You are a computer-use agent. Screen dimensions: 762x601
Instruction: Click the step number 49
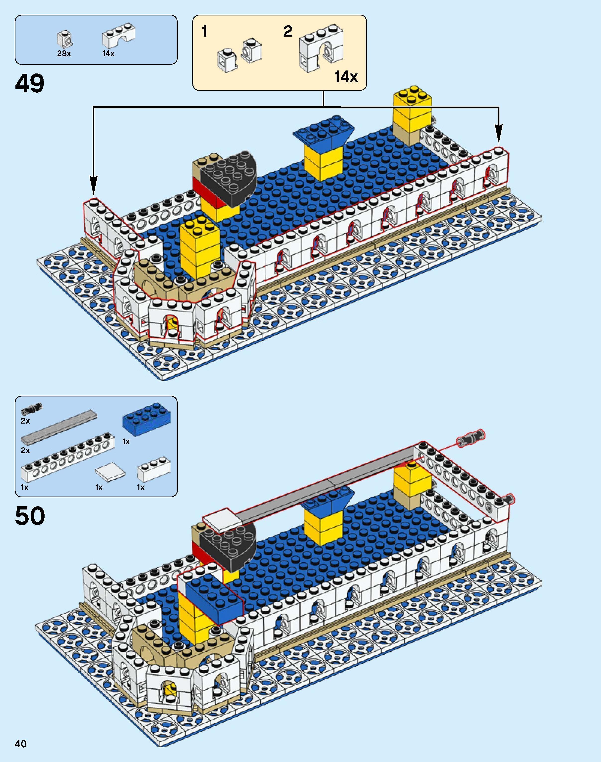pyautogui.click(x=30, y=84)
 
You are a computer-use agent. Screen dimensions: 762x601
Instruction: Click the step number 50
pyautogui.click(x=30, y=516)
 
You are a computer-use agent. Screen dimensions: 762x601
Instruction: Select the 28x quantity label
pyautogui.click(x=64, y=54)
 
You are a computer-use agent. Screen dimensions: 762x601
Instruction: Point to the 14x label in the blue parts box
pyautogui.click(x=108, y=54)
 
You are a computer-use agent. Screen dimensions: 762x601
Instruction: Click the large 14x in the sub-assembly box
pyautogui.click(x=346, y=77)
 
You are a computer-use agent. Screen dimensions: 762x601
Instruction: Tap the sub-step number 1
pyautogui.click(x=204, y=32)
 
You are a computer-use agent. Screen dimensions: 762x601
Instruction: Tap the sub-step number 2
pyautogui.click(x=288, y=32)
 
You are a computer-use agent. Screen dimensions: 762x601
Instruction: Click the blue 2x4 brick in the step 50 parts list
pyautogui.click(x=147, y=419)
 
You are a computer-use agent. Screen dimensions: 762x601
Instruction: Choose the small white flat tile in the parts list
pyautogui.click(x=110, y=471)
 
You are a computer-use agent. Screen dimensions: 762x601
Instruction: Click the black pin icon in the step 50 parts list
pyautogui.click(x=31, y=409)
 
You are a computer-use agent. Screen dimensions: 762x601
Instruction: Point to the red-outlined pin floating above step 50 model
pyautogui.click(x=471, y=438)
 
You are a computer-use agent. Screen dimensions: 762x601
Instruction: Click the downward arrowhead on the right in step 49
pyautogui.click(x=499, y=134)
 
